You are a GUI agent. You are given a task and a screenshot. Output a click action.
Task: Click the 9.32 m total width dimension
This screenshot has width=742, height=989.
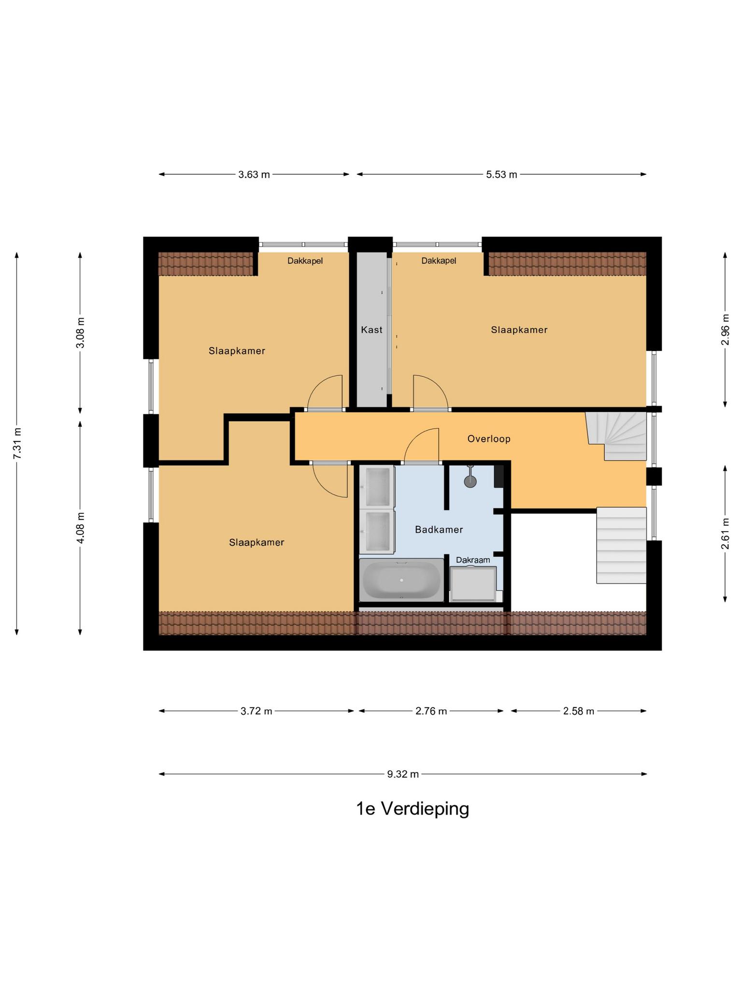pyautogui.click(x=402, y=774)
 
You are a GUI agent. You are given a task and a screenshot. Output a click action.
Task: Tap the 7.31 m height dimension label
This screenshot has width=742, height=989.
pyautogui.click(x=17, y=443)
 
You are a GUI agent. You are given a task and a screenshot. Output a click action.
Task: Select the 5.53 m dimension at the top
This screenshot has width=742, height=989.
pyautogui.click(x=501, y=174)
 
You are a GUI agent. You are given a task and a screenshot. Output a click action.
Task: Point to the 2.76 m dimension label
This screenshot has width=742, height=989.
pyautogui.click(x=431, y=711)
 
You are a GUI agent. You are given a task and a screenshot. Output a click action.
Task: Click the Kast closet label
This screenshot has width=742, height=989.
pyautogui.click(x=371, y=330)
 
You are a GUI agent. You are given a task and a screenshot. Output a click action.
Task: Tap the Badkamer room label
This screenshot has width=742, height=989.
pyautogui.click(x=439, y=530)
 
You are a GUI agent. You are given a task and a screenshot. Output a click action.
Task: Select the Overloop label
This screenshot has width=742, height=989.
pyautogui.click(x=488, y=438)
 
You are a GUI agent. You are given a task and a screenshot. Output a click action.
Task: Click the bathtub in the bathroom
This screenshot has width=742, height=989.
pyautogui.click(x=401, y=579)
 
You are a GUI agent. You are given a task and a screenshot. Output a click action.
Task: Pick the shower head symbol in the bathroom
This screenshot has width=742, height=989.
pyautogui.click(x=470, y=480)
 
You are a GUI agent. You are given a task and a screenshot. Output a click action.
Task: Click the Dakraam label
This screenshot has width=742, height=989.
pyautogui.click(x=473, y=560)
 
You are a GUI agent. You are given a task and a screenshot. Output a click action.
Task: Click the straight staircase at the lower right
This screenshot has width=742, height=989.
pyautogui.click(x=621, y=546)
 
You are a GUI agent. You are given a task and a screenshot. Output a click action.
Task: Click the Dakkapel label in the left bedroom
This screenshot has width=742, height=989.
pyautogui.click(x=305, y=261)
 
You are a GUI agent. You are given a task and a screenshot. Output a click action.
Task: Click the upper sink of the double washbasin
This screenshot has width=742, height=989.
pyautogui.click(x=377, y=485)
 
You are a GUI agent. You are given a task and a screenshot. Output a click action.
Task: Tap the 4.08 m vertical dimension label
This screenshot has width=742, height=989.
pyautogui.click(x=81, y=527)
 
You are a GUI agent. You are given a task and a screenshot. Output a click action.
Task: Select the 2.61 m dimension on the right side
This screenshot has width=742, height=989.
pyautogui.click(x=725, y=533)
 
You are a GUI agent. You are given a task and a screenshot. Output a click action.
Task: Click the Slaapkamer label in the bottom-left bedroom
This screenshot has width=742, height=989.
pyautogui.click(x=257, y=542)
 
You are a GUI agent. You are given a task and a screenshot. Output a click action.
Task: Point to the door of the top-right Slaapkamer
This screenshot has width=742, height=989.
pyautogui.click(x=430, y=392)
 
